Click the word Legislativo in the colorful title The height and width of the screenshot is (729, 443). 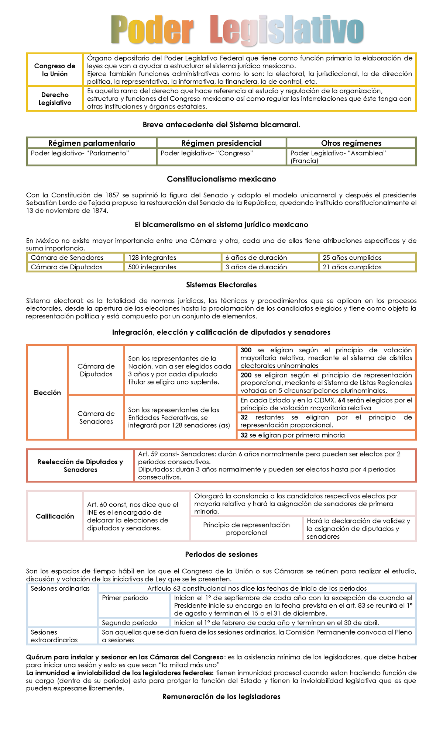coord(287,30)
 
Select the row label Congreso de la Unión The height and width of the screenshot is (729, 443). coord(55,70)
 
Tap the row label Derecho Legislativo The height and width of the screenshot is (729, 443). coord(55,99)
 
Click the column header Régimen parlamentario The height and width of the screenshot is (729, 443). coord(92,143)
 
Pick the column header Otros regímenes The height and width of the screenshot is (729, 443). coord(351,143)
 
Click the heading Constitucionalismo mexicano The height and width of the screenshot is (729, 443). coord(221,179)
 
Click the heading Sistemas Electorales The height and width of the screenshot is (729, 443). coord(221,285)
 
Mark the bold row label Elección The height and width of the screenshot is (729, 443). coord(47,393)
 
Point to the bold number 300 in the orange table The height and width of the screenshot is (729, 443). coord(246,350)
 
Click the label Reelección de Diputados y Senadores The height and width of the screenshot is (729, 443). coord(80,466)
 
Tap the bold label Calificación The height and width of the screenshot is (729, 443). coord(55,516)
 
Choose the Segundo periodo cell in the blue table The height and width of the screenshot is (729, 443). coord(129,622)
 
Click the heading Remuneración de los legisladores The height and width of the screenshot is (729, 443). coord(221,697)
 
